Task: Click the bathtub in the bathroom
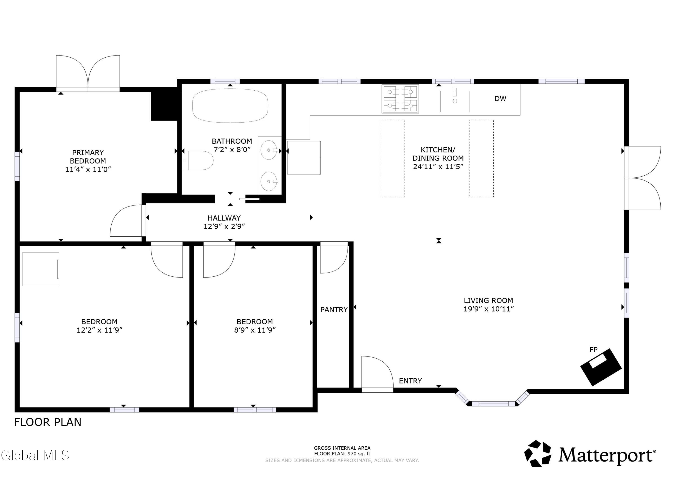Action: click(x=230, y=105)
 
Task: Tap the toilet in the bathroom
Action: click(x=197, y=161)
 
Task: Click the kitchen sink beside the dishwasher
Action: click(x=454, y=101)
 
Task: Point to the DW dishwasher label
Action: click(x=500, y=99)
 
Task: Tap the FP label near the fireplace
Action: click(x=594, y=350)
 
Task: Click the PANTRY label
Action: click(x=334, y=310)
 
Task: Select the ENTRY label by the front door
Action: click(x=410, y=381)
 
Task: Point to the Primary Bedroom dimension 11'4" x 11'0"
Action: click(x=88, y=170)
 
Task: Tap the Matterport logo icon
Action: click(x=538, y=453)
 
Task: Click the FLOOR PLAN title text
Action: click(x=48, y=422)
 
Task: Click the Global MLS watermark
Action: click(x=35, y=455)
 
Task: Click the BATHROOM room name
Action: click(x=232, y=141)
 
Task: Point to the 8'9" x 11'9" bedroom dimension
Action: click(x=255, y=330)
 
